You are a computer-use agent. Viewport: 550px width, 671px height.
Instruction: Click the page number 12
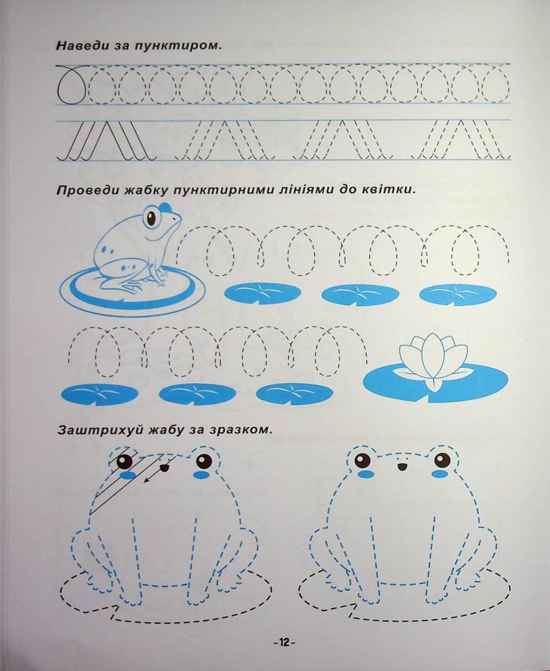284,642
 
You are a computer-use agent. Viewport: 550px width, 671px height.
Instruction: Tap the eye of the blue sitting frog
151,218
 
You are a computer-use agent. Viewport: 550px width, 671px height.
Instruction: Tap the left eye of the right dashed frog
363,460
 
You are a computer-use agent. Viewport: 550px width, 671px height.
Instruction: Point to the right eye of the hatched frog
204,461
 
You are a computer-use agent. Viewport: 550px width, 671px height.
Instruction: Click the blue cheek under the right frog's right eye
439,474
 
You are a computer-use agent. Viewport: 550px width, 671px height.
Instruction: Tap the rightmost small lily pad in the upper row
457,295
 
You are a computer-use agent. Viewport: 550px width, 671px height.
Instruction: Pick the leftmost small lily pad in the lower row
100,394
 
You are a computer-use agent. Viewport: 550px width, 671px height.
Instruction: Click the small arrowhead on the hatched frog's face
146,480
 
